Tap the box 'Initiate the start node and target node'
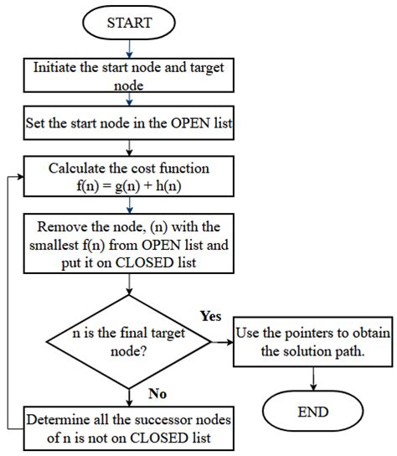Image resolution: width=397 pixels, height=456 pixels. [x=128, y=76]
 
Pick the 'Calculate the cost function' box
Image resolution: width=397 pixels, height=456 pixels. [x=128, y=177]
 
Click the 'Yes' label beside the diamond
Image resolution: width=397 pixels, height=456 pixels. [x=211, y=317]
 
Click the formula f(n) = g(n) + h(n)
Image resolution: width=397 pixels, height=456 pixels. [x=128, y=186]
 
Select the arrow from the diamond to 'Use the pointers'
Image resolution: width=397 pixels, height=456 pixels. [x=220, y=342]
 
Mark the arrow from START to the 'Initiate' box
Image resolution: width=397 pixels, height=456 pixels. [x=128, y=49]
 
